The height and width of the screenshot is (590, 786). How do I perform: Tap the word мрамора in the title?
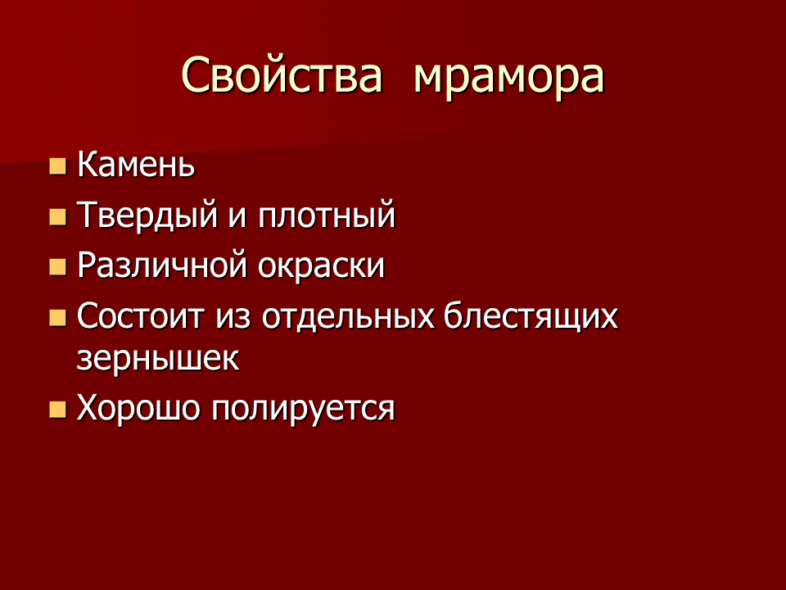(509, 76)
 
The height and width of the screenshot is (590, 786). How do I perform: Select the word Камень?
(136, 166)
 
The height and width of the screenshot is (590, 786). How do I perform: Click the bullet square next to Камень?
(57, 167)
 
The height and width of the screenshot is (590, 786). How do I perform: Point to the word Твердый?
(143, 216)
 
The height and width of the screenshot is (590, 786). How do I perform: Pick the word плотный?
(327, 216)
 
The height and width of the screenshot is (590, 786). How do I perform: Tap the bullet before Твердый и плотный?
(57, 217)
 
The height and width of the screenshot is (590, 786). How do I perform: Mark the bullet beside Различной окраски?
(57, 267)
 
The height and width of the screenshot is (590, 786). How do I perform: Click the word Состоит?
(140, 316)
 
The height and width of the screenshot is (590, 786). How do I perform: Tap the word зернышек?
(159, 360)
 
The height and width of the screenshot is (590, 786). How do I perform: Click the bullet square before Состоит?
(57, 317)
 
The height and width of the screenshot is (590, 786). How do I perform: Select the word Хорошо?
(138, 408)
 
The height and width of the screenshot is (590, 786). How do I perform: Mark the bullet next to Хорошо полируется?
(57, 409)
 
